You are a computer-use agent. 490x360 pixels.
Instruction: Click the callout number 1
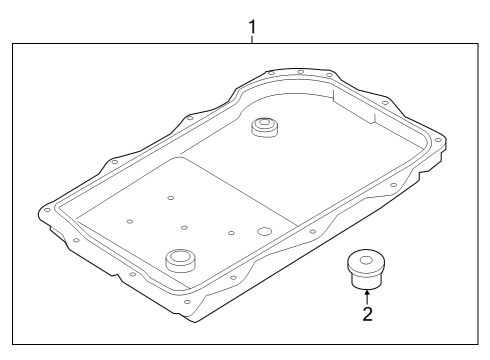pos(253,25)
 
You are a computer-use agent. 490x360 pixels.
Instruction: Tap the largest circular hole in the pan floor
pos(264,231)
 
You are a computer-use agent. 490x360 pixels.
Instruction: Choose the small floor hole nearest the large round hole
pos(231,233)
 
